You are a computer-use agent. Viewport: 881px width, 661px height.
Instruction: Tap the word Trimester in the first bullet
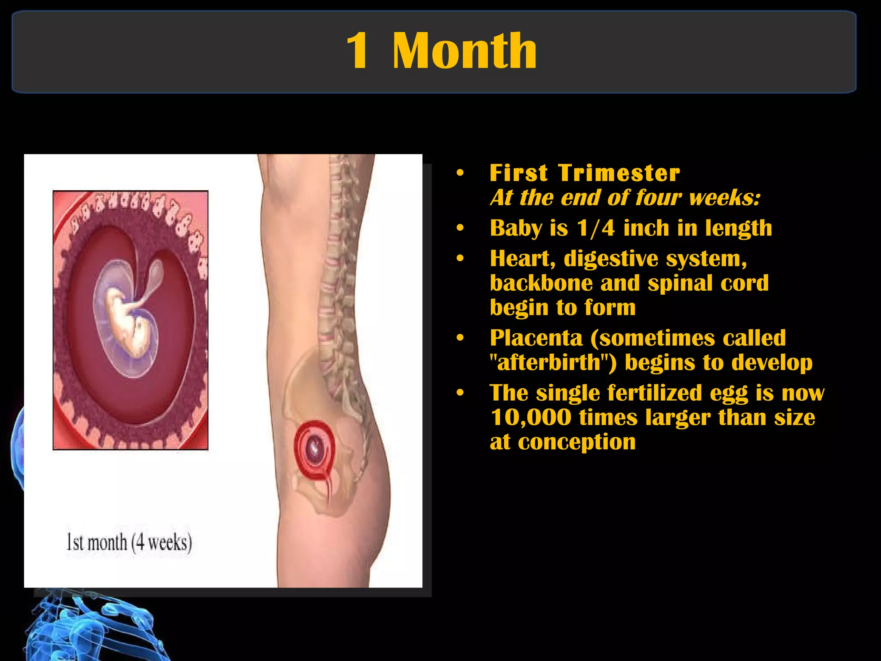[619, 173]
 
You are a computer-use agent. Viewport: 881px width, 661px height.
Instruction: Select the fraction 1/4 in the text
[596, 228]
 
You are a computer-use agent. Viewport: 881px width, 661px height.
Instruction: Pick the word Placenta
[536, 338]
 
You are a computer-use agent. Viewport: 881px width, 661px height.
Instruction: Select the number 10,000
[531, 417]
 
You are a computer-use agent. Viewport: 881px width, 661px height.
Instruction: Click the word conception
[576, 442]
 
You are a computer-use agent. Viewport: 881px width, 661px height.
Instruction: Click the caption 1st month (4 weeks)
[129, 542]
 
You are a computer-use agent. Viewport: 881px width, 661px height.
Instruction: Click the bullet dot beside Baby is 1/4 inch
[460, 228]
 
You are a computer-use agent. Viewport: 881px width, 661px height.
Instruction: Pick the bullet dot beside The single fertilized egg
[460, 393]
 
